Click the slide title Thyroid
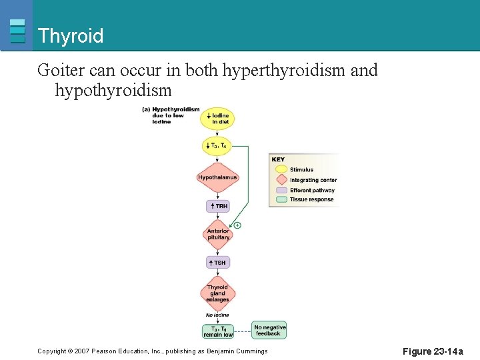tap(71, 35)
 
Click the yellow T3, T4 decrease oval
tap(217, 146)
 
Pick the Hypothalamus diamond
tap(217, 177)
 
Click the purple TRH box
tap(218, 206)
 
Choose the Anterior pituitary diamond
tap(218, 234)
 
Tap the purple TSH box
tap(218, 263)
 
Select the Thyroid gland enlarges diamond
tap(217, 293)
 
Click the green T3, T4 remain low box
tap(218, 331)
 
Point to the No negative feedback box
tap(269, 330)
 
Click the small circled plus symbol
tap(237, 225)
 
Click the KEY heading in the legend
tap(279, 159)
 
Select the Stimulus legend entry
tap(301, 170)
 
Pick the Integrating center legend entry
tap(312, 180)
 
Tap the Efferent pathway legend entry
tap(311, 190)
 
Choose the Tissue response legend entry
tap(311, 199)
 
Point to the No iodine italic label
tap(217, 315)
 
